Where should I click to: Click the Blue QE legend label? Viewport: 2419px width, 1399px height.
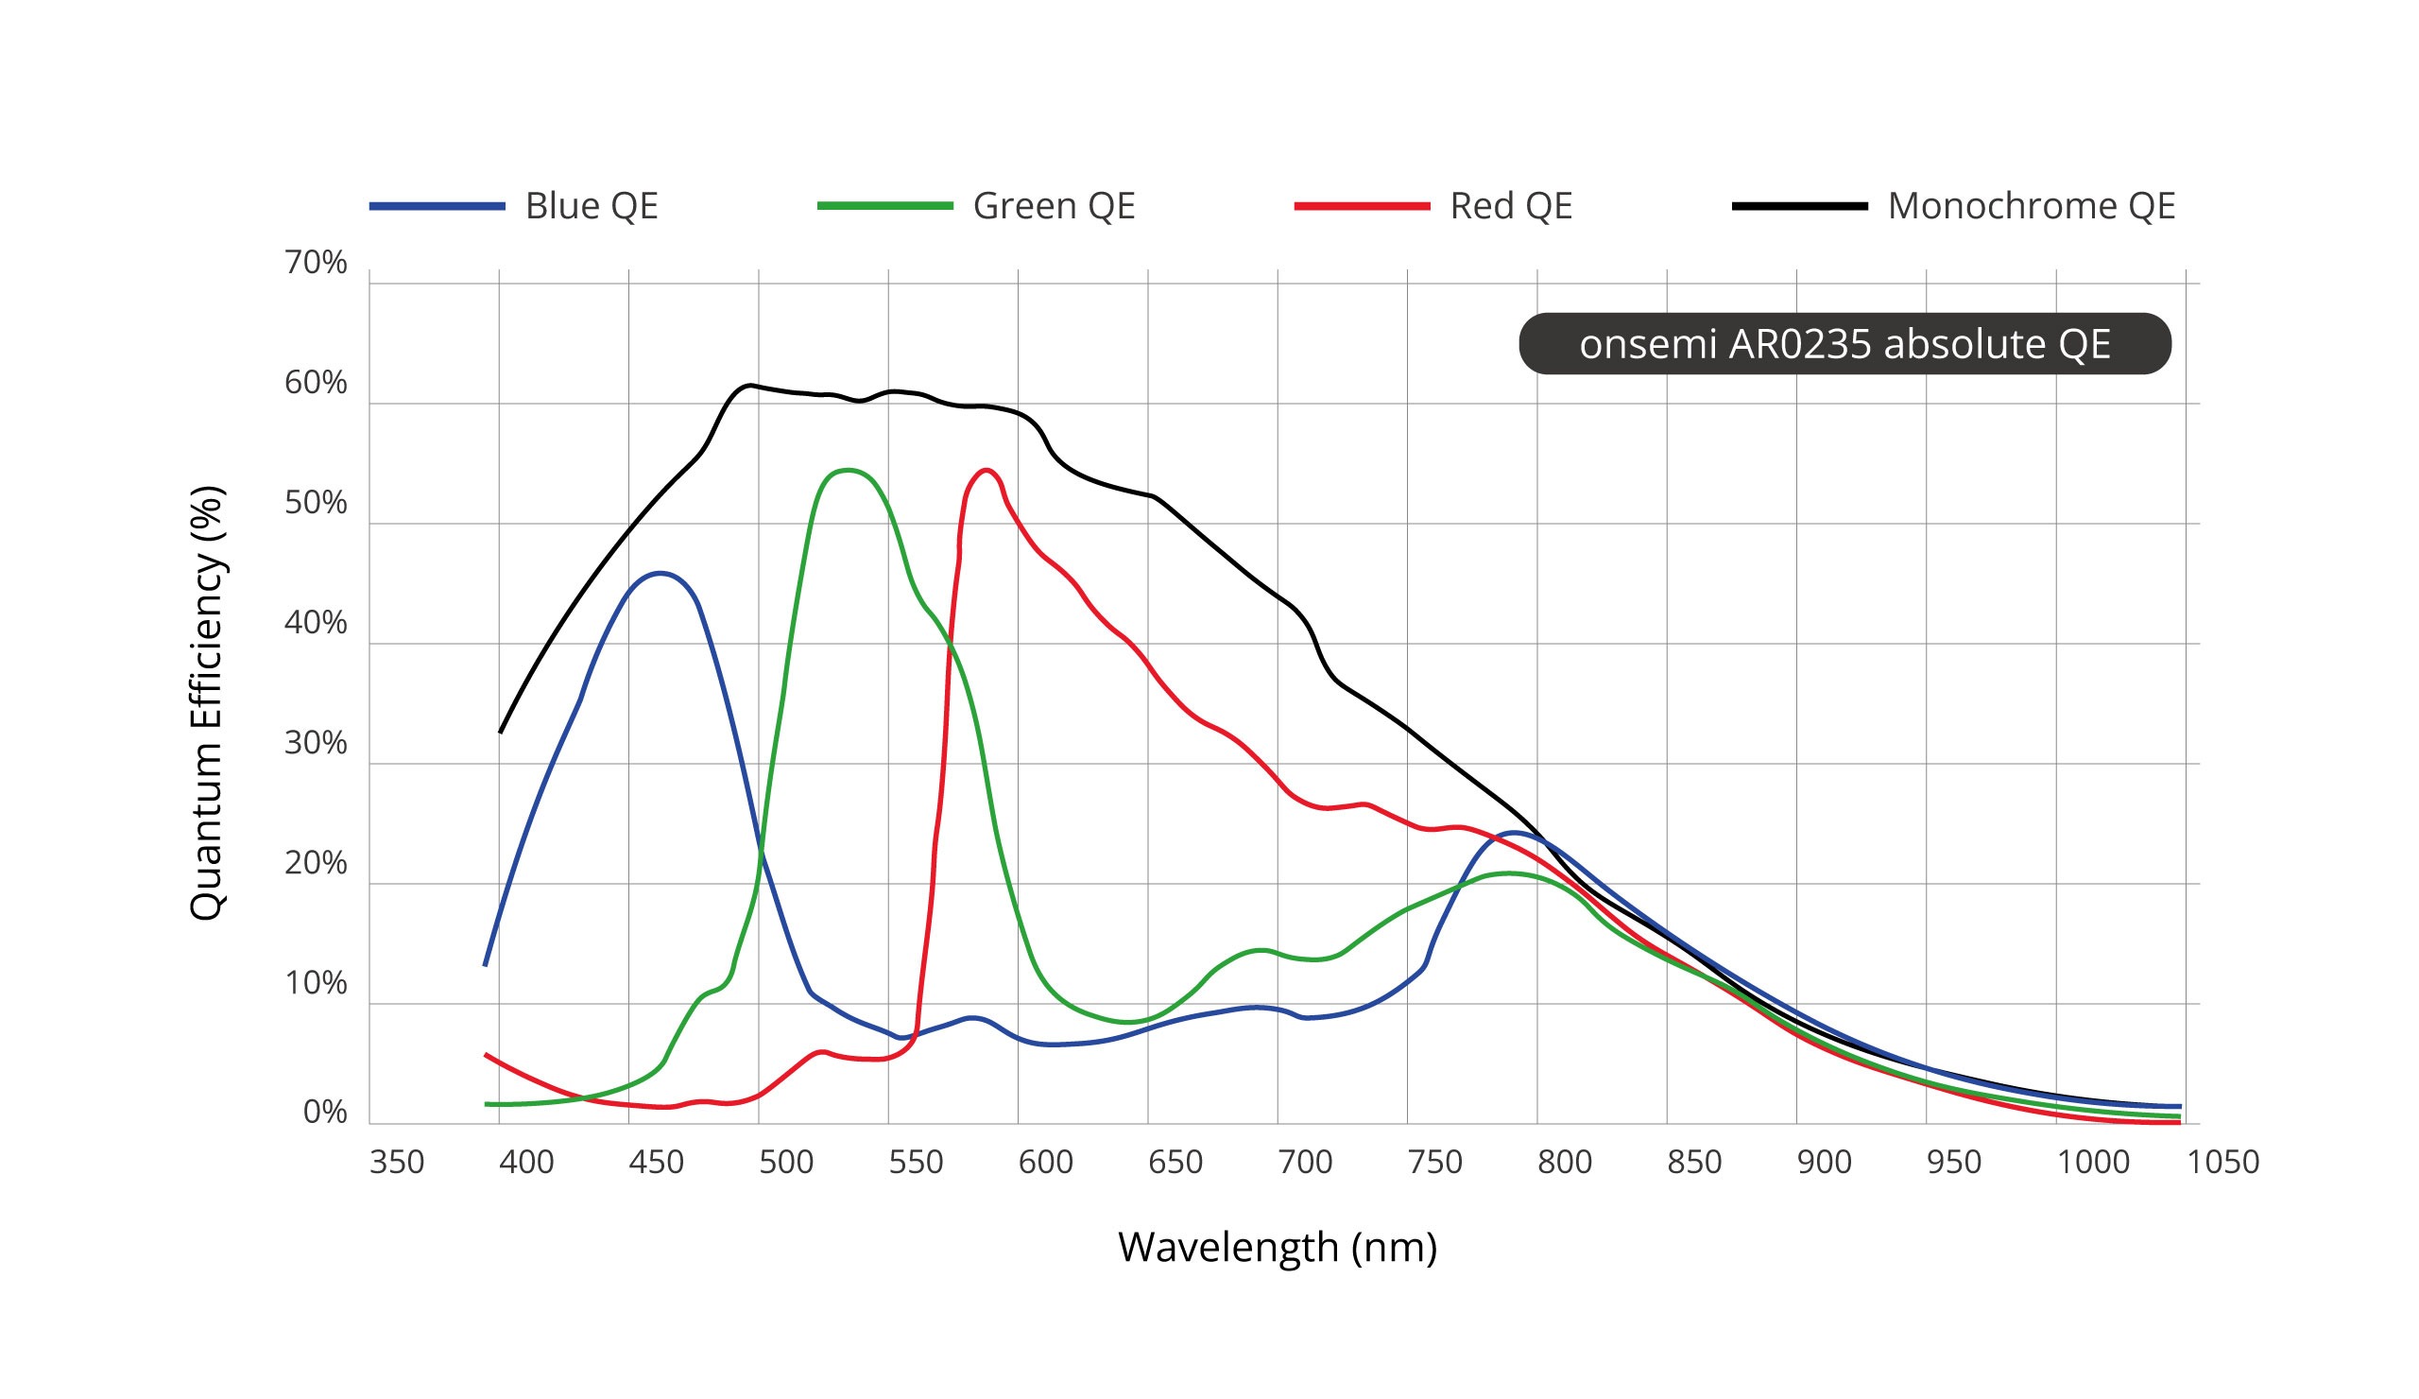[x=592, y=206]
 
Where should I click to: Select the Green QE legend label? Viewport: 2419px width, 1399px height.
[x=1053, y=206]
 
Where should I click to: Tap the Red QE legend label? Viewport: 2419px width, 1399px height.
[x=1510, y=206]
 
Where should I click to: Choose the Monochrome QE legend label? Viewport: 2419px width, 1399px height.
[x=2031, y=206]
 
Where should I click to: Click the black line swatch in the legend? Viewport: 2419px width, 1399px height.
[x=1799, y=206]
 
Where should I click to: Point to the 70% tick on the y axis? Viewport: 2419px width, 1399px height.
[x=316, y=262]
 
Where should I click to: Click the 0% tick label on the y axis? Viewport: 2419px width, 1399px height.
[x=324, y=1112]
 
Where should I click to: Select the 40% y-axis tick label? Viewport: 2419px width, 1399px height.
[x=316, y=623]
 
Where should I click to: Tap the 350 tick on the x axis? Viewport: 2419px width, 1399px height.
[x=397, y=1163]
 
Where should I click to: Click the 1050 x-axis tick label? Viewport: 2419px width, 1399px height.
[x=2222, y=1163]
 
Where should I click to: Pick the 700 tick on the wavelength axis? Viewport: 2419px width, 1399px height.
[x=1305, y=1163]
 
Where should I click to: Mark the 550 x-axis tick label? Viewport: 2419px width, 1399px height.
[x=916, y=1163]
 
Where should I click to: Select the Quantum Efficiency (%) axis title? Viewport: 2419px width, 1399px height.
[x=206, y=704]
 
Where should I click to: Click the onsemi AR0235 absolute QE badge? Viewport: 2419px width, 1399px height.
[x=1844, y=344]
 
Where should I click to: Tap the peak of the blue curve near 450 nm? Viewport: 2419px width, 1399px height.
[x=661, y=573]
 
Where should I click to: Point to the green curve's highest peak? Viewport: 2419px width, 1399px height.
[x=847, y=471]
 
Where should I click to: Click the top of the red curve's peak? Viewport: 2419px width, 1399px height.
[x=986, y=471]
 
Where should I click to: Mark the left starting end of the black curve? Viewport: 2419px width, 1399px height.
[x=500, y=733]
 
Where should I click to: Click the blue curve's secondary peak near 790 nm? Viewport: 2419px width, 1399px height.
[x=1514, y=833]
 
